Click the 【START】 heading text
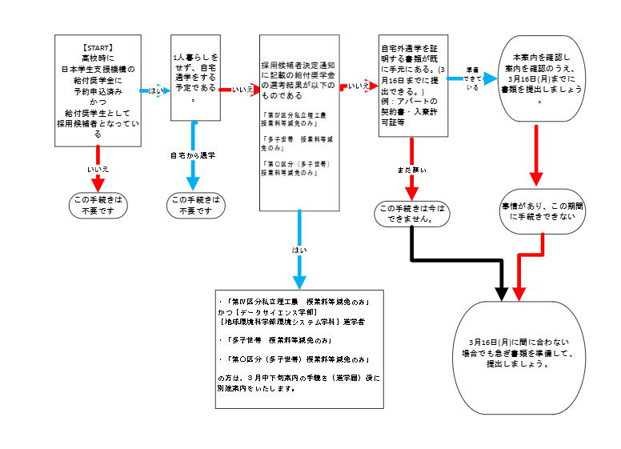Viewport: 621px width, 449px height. point(97,47)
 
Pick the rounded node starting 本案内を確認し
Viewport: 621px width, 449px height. point(539,79)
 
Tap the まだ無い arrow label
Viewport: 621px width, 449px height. point(411,170)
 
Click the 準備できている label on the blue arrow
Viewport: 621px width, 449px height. point(472,78)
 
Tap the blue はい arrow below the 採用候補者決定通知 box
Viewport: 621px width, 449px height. point(299,248)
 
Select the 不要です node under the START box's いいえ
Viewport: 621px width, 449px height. point(98,206)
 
